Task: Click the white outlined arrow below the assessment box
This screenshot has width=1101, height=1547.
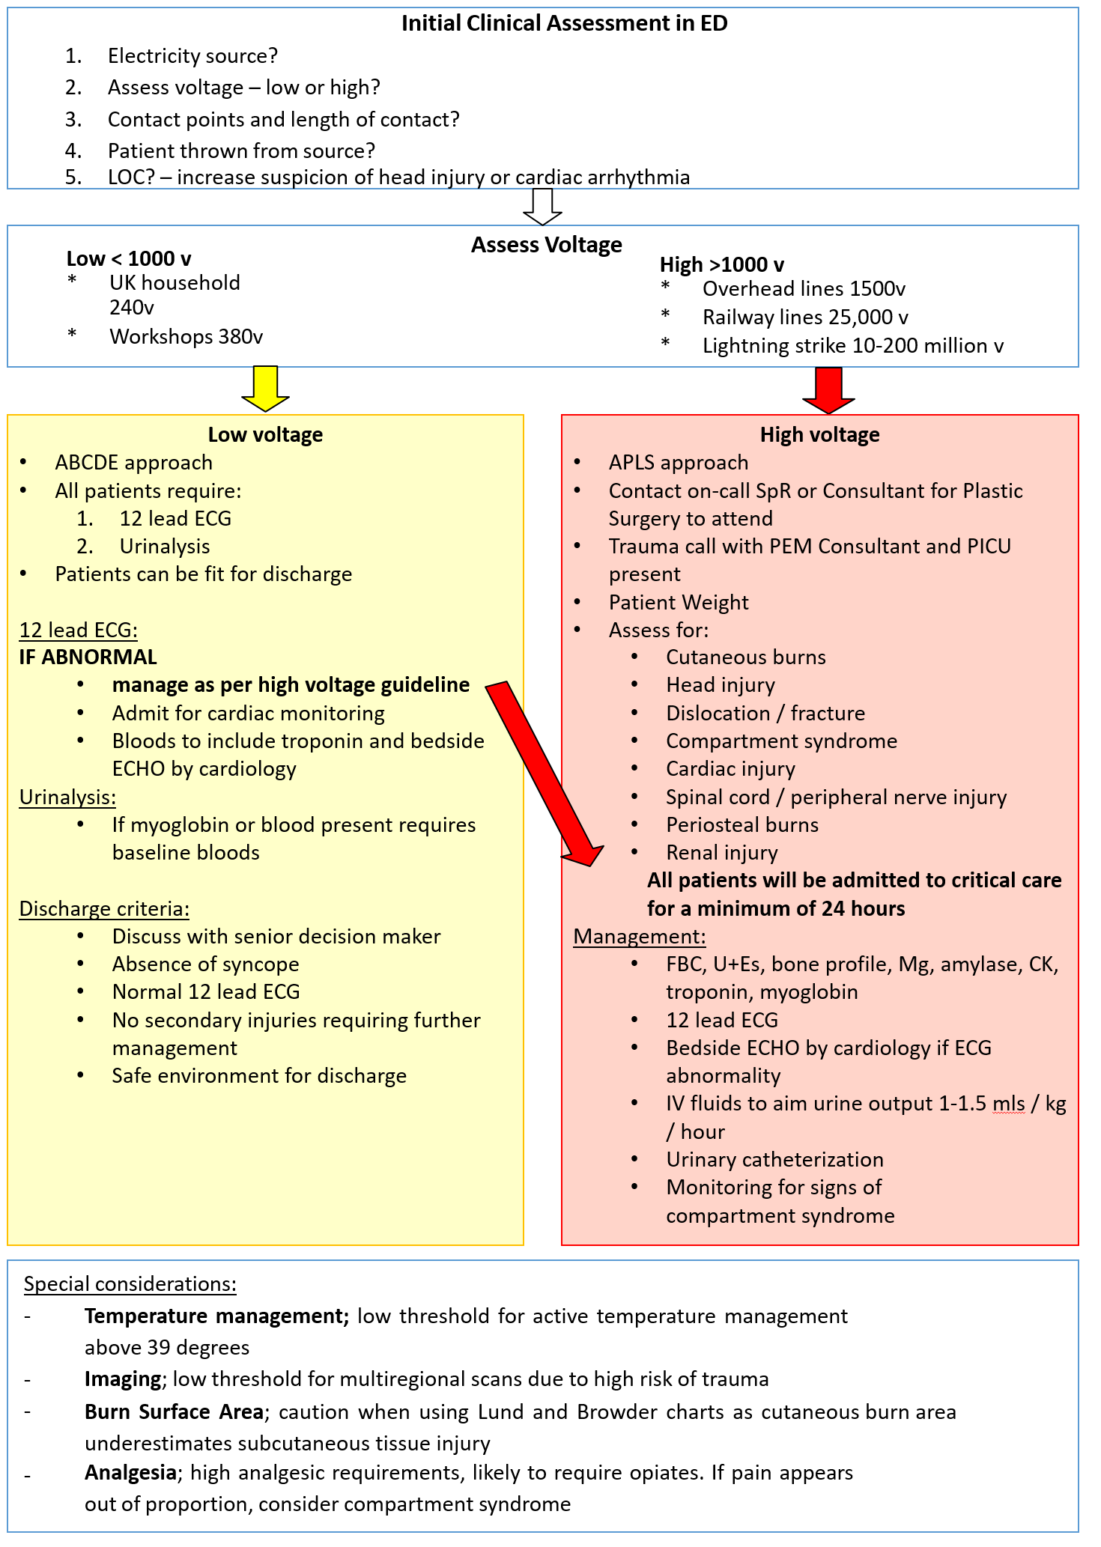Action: pyautogui.click(x=542, y=206)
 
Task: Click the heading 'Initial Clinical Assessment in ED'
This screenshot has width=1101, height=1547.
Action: pyautogui.click(x=564, y=24)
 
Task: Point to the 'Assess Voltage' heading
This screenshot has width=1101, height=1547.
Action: pyautogui.click(x=546, y=245)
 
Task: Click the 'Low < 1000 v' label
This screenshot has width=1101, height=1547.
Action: pyautogui.click(x=129, y=259)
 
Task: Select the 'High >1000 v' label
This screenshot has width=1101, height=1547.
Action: pyautogui.click(x=722, y=265)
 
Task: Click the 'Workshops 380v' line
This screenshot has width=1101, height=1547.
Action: pyautogui.click(x=186, y=337)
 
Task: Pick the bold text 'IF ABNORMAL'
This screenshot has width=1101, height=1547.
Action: pyautogui.click(x=88, y=657)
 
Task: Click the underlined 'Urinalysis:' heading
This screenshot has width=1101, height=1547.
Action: pyautogui.click(x=67, y=797)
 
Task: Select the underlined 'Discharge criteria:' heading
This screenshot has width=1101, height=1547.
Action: pyautogui.click(x=104, y=909)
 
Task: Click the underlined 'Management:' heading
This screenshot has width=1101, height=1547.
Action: pyautogui.click(x=640, y=937)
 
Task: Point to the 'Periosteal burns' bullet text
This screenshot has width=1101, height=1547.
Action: pyautogui.click(x=742, y=825)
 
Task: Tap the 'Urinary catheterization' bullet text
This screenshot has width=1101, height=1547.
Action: pyautogui.click(x=774, y=1160)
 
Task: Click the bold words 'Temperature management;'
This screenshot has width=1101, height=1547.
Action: pyautogui.click(x=216, y=1316)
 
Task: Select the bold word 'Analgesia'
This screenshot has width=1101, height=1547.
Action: pyautogui.click(x=130, y=1473)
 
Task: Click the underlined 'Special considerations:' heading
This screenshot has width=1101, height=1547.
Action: pyautogui.click(x=130, y=1284)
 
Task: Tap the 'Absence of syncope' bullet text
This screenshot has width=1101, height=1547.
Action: pyautogui.click(x=205, y=964)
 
